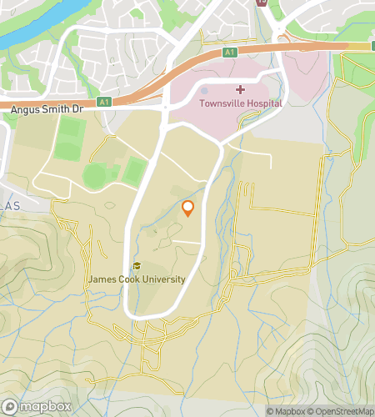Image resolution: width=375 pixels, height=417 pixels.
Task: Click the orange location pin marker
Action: click(x=188, y=208)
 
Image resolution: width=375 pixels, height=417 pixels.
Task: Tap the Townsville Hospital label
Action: click(x=240, y=103)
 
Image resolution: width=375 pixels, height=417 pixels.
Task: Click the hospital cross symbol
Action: click(x=240, y=89)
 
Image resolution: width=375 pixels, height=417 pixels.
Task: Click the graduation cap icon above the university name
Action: click(x=137, y=266)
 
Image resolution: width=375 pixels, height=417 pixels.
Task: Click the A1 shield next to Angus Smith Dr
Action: click(x=104, y=102)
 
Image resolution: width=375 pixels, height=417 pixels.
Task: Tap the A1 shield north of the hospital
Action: click(x=231, y=52)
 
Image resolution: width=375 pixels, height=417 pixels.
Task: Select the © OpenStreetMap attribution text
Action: click(x=342, y=411)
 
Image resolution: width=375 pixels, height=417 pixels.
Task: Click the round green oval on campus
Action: click(x=95, y=175)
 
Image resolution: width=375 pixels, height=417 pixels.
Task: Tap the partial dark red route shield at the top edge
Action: click(x=262, y=3)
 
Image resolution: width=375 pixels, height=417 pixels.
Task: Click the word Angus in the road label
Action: click(x=26, y=109)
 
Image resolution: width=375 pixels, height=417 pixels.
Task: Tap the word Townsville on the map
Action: click(x=220, y=103)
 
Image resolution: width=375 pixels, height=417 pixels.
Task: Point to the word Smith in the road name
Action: click(x=57, y=109)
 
